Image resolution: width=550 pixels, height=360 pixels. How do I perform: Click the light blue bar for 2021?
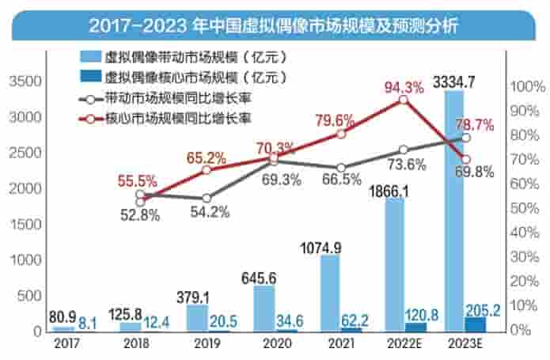pyautogui.click(x=330, y=292)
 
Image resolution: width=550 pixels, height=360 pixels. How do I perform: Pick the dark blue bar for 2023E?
pyautogui.click(x=476, y=324)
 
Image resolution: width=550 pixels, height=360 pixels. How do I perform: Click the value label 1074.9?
pyautogui.click(x=321, y=248)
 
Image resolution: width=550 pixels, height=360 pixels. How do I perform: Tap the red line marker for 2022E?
pyautogui.click(x=404, y=100)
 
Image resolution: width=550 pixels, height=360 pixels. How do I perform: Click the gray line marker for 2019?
pyautogui.click(x=207, y=198)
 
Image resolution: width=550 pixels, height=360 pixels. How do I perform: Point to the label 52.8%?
pyautogui.click(x=140, y=213)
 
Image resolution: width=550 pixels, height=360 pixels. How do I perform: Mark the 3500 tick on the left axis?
pyautogui.click(x=22, y=81)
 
